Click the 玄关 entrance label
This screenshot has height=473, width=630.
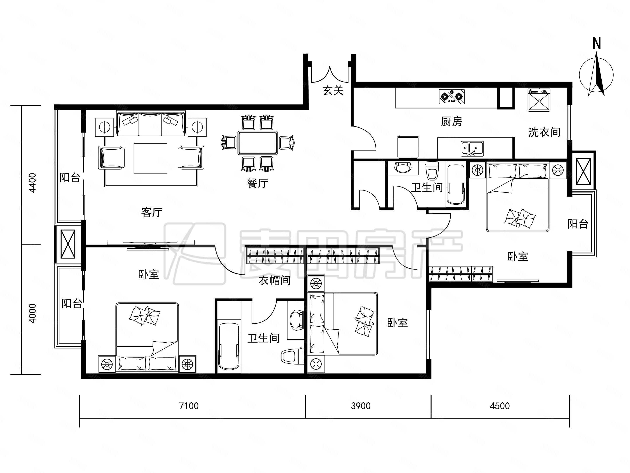click(x=333, y=91)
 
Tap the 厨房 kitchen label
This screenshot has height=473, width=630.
click(x=452, y=122)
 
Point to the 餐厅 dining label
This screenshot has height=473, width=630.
click(x=257, y=183)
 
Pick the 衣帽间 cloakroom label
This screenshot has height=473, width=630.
click(x=274, y=280)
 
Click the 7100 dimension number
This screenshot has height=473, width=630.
click(x=189, y=406)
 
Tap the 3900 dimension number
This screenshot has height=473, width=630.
click(x=361, y=406)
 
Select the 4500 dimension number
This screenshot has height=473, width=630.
click(x=500, y=406)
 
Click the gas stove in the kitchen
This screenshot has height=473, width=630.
click(x=452, y=96)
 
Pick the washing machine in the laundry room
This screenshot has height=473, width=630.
click(x=539, y=100)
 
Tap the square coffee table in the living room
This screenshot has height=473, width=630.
click(x=150, y=158)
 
